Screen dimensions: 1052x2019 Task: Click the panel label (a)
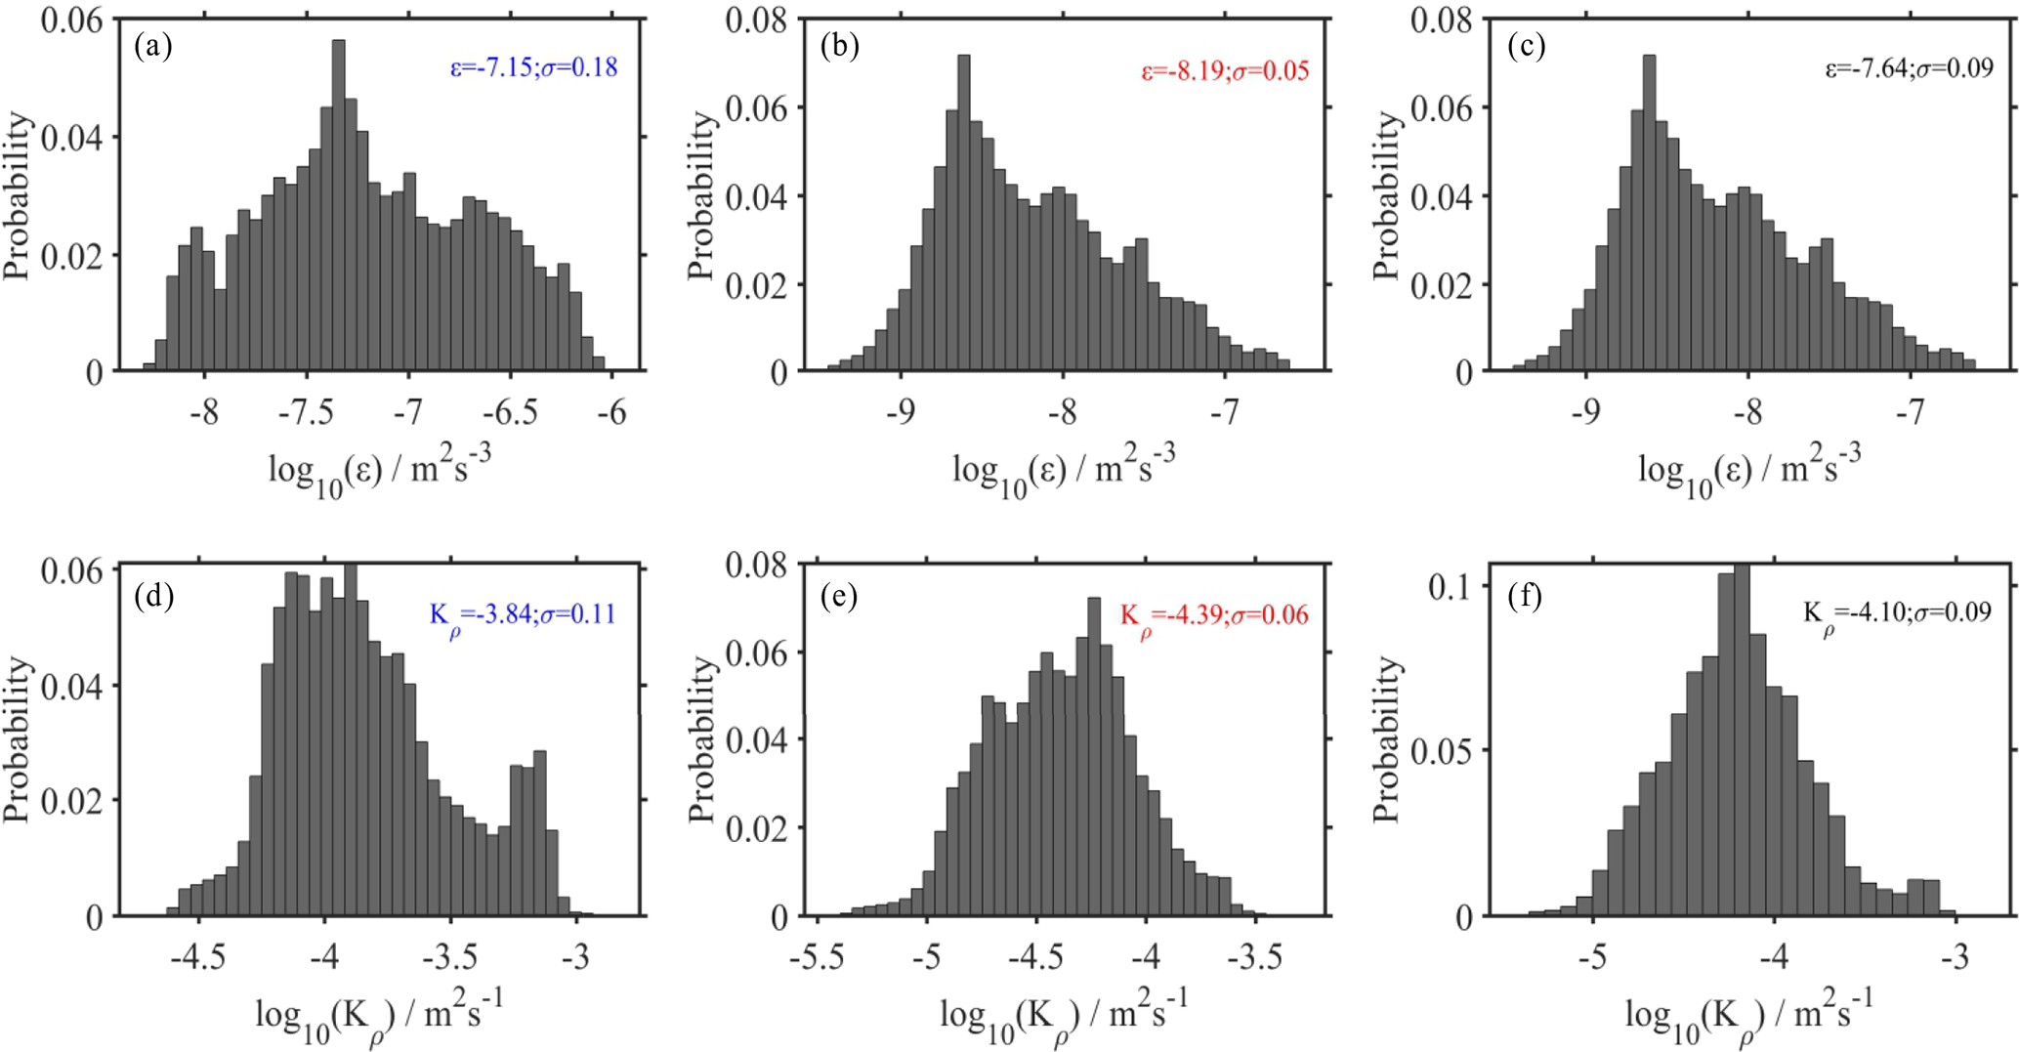click(x=153, y=45)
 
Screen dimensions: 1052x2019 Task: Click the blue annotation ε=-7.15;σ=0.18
click(x=533, y=67)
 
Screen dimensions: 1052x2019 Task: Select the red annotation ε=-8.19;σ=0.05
click(x=1225, y=71)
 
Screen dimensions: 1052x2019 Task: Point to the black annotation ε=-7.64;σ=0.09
click(x=1910, y=68)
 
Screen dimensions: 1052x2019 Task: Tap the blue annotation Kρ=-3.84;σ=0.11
click(x=523, y=616)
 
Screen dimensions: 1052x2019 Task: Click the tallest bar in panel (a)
click(x=339, y=205)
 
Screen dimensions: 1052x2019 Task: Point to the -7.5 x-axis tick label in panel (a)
click(x=307, y=413)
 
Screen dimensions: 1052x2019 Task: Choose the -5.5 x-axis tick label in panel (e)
click(x=816, y=958)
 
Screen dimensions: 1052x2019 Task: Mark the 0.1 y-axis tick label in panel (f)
click(x=1450, y=586)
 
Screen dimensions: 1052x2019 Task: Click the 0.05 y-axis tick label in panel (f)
click(x=1440, y=751)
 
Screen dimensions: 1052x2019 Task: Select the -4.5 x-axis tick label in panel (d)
click(x=198, y=958)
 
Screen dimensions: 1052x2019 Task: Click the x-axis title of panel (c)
click(x=1748, y=468)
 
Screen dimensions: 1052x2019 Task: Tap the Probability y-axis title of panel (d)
click(x=18, y=739)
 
